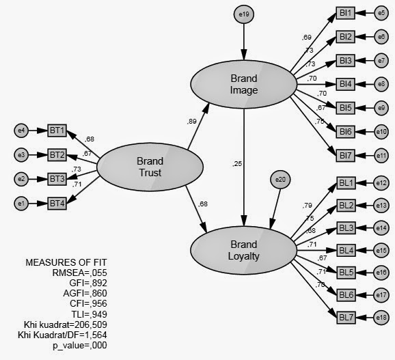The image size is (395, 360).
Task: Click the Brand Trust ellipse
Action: [150, 167]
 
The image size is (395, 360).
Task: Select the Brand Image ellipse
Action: [244, 84]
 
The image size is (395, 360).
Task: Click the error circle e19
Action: [244, 14]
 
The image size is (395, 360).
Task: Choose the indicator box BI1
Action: [345, 13]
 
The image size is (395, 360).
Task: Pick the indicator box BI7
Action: [345, 155]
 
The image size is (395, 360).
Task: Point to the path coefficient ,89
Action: [193, 122]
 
